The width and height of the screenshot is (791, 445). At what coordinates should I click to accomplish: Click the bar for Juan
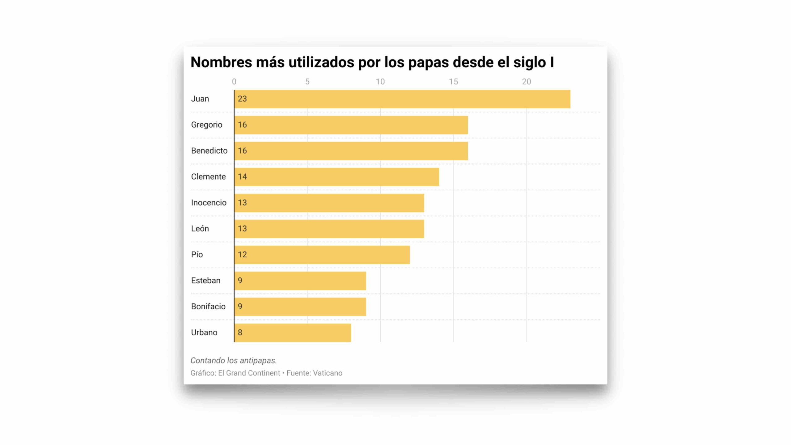pyautogui.click(x=402, y=99)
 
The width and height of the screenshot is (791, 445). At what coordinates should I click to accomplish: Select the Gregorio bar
pyautogui.click(x=351, y=125)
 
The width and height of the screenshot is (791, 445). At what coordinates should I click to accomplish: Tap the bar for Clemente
pyautogui.click(x=336, y=177)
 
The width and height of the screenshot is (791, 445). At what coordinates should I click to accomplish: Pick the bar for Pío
pyautogui.click(x=322, y=255)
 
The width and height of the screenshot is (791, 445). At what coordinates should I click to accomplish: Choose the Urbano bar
pyautogui.click(x=292, y=333)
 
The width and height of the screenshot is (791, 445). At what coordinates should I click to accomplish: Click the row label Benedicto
pyautogui.click(x=209, y=151)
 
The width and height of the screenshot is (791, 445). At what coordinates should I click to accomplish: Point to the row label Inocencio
pyautogui.click(x=209, y=203)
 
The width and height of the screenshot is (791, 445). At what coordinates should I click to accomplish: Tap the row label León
pyautogui.click(x=200, y=229)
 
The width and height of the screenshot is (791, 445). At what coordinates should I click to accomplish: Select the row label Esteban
pyautogui.click(x=205, y=281)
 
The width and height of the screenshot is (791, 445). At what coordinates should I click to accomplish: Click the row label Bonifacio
pyautogui.click(x=208, y=307)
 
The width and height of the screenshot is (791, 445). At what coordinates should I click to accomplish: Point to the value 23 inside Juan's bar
pyautogui.click(x=242, y=99)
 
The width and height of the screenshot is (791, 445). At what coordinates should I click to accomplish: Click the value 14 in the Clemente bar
pyautogui.click(x=242, y=177)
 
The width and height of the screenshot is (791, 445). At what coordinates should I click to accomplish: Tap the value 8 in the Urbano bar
pyautogui.click(x=240, y=333)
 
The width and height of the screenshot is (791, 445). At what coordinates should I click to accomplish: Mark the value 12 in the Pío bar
pyautogui.click(x=242, y=255)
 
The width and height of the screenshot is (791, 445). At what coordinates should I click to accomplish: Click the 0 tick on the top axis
pyautogui.click(x=234, y=82)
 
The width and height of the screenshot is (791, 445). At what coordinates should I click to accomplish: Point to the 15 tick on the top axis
pyautogui.click(x=453, y=82)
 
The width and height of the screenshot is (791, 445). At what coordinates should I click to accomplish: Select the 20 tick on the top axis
pyautogui.click(x=527, y=82)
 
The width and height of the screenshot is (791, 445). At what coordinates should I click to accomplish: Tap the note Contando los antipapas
pyautogui.click(x=234, y=360)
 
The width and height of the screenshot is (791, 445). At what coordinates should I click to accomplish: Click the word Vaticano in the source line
pyautogui.click(x=328, y=373)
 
